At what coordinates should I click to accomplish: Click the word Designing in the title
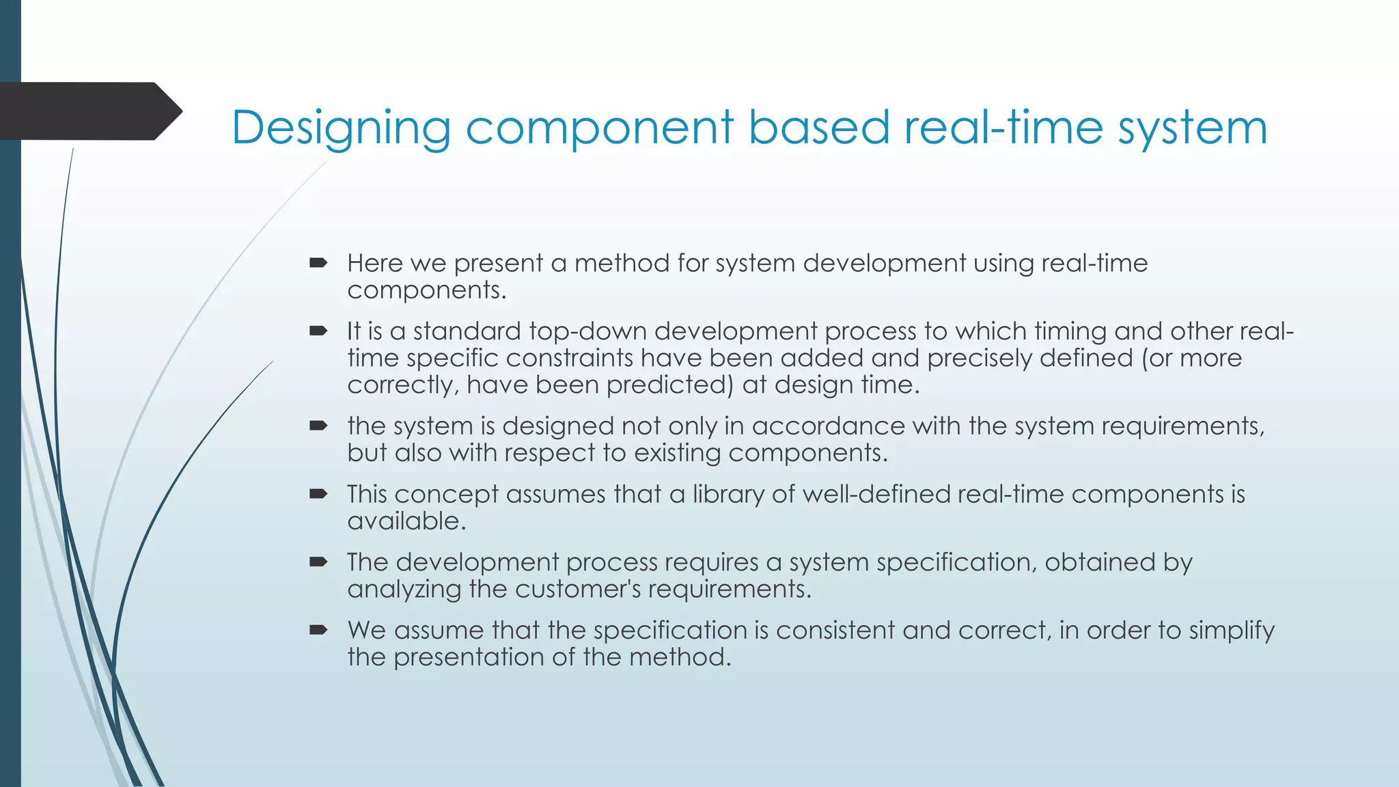tap(341, 128)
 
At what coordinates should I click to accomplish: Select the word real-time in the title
tap(1003, 128)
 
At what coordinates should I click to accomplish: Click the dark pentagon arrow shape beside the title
tap(89, 111)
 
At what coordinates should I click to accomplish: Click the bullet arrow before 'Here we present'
tap(318, 262)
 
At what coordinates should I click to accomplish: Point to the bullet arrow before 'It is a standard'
tap(318, 331)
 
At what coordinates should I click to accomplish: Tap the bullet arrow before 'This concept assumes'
tap(318, 494)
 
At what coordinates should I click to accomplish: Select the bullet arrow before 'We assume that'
tap(318, 630)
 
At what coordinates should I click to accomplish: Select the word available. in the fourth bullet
tap(406, 521)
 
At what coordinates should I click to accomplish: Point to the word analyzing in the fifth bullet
tap(404, 590)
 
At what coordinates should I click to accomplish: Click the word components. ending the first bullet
tap(427, 290)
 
